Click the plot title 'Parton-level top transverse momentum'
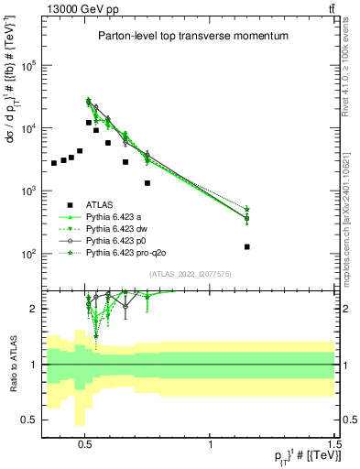coord(193,36)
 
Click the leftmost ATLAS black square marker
coord(54,163)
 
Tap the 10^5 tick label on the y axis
coord(28,66)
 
